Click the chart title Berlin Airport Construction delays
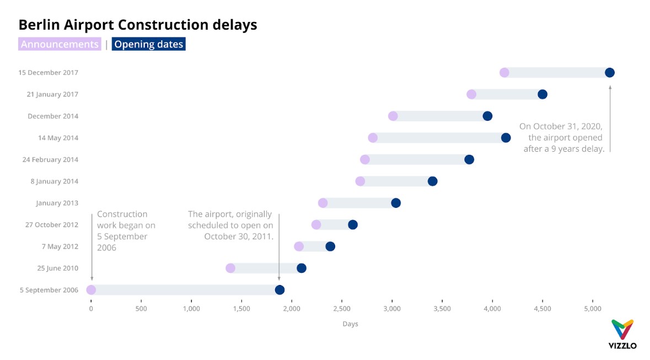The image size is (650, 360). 138,25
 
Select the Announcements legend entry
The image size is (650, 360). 60,44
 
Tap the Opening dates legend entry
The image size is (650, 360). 148,44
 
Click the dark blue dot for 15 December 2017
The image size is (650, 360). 609,73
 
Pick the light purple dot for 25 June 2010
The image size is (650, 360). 230,268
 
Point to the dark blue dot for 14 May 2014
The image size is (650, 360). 506,138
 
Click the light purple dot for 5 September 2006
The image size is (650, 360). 91,290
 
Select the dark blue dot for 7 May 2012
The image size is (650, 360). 330,246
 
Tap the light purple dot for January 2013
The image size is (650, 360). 323,203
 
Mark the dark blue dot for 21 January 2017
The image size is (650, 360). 542,94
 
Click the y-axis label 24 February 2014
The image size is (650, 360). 50,160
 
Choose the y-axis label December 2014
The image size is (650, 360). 53,116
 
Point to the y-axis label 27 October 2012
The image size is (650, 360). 52,225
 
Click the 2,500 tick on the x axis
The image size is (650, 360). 342,309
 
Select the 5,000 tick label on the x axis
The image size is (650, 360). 593,309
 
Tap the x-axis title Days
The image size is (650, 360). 350,324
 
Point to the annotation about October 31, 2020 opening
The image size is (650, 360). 561,138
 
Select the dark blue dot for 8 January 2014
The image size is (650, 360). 432,181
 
